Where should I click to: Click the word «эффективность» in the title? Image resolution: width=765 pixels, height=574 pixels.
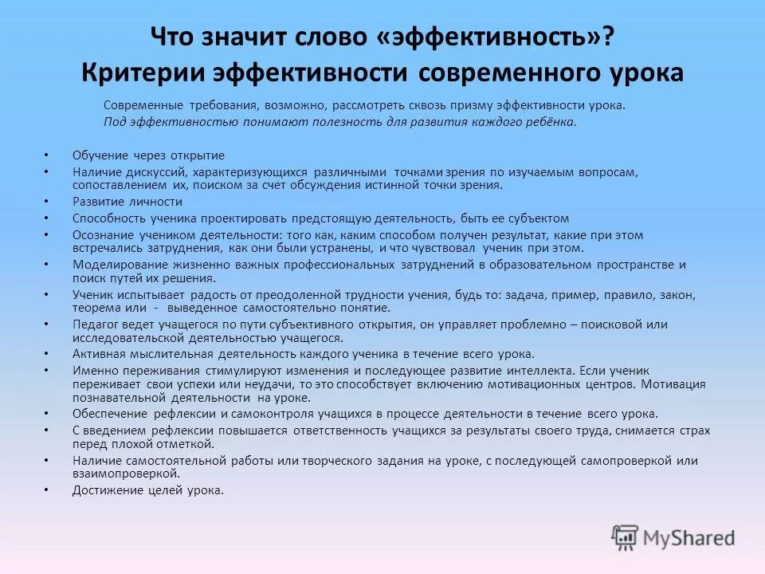487,38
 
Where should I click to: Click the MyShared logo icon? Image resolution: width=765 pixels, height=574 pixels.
626,537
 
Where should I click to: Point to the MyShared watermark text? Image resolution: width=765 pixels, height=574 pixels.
688,538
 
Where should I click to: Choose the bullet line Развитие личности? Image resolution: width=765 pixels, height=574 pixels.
127,202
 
